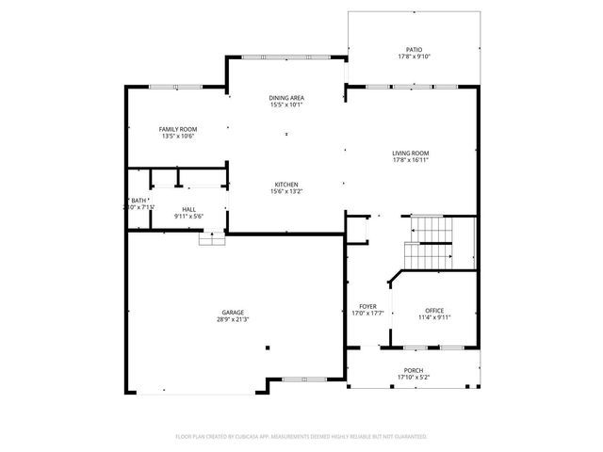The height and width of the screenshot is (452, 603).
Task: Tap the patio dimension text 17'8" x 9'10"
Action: tap(415, 56)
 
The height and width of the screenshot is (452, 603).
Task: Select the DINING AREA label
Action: tap(286, 97)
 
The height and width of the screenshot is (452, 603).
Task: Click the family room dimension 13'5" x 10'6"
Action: tap(177, 136)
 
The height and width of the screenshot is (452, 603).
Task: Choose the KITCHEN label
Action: tap(286, 184)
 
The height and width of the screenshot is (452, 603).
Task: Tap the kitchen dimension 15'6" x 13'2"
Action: tap(286, 191)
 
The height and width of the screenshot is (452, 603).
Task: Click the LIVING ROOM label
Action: tap(411, 153)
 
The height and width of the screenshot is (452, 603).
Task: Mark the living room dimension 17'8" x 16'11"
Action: tap(411, 160)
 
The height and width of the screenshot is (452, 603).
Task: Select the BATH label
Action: tap(139, 201)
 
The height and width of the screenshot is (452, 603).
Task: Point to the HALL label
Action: tap(188, 209)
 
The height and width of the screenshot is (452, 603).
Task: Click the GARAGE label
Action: tap(234, 313)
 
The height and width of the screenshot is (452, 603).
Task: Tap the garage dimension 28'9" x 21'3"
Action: tap(234, 320)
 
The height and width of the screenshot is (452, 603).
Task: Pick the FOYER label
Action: tap(367, 306)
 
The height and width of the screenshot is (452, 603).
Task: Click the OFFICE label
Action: tap(433, 310)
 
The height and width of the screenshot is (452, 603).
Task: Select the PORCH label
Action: tap(413, 370)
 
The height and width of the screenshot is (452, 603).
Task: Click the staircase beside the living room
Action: tap(430, 241)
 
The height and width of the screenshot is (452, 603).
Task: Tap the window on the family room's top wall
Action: tap(176, 87)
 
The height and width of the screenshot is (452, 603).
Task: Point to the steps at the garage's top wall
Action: tap(211, 239)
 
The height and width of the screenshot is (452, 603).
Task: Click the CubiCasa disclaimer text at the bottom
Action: tap(301, 437)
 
